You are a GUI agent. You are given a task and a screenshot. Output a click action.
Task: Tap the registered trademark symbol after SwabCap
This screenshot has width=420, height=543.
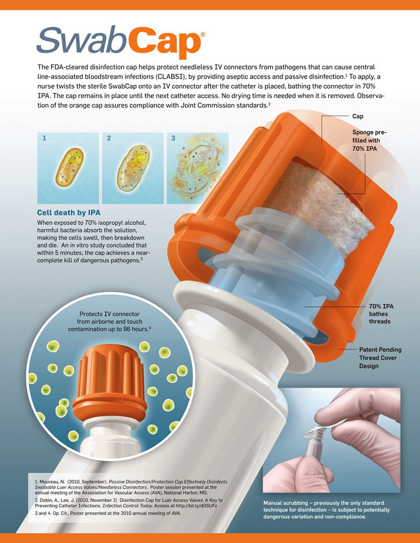[203, 33]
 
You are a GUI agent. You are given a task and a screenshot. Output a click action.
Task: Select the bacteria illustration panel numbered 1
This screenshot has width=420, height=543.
[68, 168]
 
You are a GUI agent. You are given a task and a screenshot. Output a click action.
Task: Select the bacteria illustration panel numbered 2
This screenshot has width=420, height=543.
[132, 168]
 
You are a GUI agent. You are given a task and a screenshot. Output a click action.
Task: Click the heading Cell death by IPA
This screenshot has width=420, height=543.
[68, 212]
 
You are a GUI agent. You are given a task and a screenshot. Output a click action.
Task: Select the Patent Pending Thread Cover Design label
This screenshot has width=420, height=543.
[379, 357]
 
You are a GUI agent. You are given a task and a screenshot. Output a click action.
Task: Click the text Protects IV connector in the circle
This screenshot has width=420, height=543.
[110, 314]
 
